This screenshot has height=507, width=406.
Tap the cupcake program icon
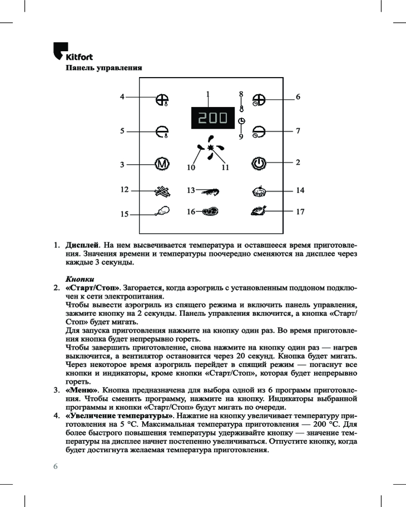pyautogui.click(x=259, y=191)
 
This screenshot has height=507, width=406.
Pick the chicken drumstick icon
pyautogui.click(x=161, y=211)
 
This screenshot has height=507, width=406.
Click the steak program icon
pyautogui.click(x=209, y=212)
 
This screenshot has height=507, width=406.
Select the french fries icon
pyautogui.click(x=161, y=191)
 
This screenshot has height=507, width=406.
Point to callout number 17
pyautogui.click(x=299, y=211)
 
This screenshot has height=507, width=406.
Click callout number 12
pyautogui.click(x=124, y=190)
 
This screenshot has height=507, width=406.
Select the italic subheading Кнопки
pyautogui.click(x=80, y=279)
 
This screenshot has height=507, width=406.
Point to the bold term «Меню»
pyautogui.click(x=82, y=390)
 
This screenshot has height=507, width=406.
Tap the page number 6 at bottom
pyautogui.click(x=56, y=466)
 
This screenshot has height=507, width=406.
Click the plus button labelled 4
pyautogui.click(x=162, y=100)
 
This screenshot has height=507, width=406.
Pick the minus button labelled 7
pyautogui.click(x=259, y=132)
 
